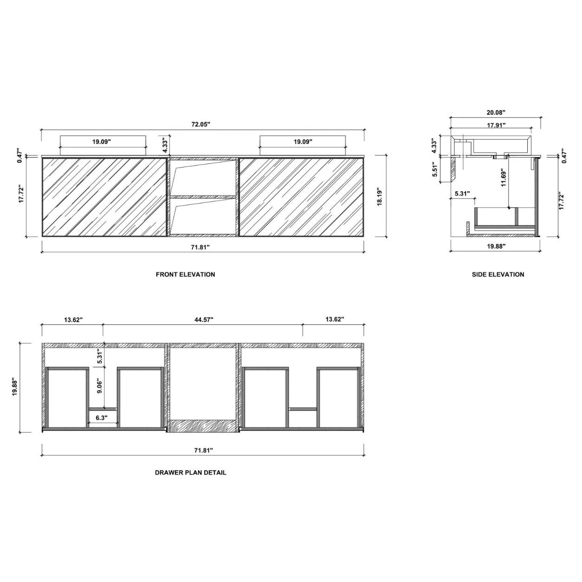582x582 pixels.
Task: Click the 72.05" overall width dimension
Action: pyautogui.click(x=201, y=124)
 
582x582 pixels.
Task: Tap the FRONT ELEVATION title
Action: pyautogui.click(x=186, y=275)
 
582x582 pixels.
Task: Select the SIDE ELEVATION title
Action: pyautogui.click(x=498, y=275)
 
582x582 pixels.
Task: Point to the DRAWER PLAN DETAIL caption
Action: pyautogui.click(x=191, y=472)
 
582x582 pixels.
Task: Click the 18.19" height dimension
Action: pyautogui.click(x=380, y=198)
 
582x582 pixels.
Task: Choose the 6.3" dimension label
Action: pyautogui.click(x=102, y=418)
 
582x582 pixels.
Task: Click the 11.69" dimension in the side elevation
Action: pyautogui.click(x=504, y=178)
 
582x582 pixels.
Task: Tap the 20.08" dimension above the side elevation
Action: pyautogui.click(x=496, y=113)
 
